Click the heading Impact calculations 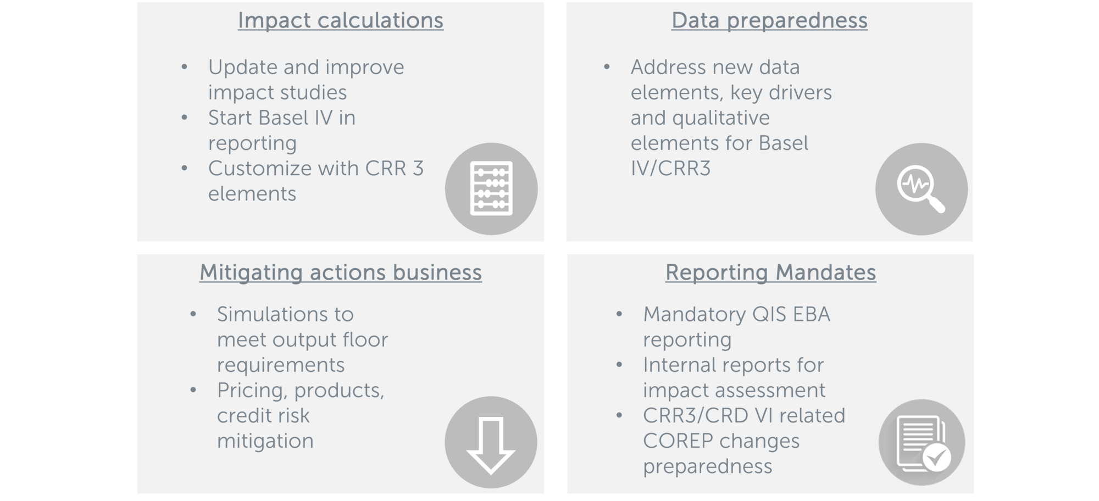point(341,21)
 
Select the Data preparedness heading point(769,21)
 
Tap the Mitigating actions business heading point(341,272)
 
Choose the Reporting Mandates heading point(770,272)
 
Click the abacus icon point(491,188)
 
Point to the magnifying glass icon point(920,188)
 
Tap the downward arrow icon point(491,444)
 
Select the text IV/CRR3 point(670,168)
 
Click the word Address point(668,67)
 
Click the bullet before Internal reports point(619,364)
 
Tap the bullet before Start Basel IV point(184,117)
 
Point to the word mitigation point(265,441)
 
